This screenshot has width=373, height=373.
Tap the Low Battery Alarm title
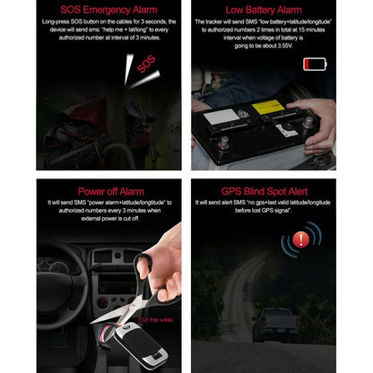(264, 10)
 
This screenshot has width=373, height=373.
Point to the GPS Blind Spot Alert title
(264, 191)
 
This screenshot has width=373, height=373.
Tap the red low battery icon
(315, 64)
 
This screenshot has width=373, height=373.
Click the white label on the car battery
(220, 116)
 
